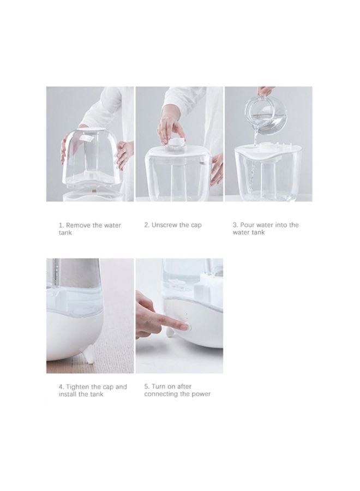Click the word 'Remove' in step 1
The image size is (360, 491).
pyautogui.click(x=78, y=225)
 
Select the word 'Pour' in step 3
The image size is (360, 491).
pyautogui.click(x=247, y=225)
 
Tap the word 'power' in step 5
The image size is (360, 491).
pyautogui.click(x=201, y=394)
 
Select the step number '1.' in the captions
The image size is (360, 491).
pyautogui.click(x=61, y=225)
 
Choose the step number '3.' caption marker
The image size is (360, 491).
pyautogui.click(x=236, y=225)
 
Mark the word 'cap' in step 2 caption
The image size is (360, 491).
pyautogui.click(x=196, y=225)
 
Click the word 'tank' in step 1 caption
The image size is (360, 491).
pyautogui.click(x=65, y=232)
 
